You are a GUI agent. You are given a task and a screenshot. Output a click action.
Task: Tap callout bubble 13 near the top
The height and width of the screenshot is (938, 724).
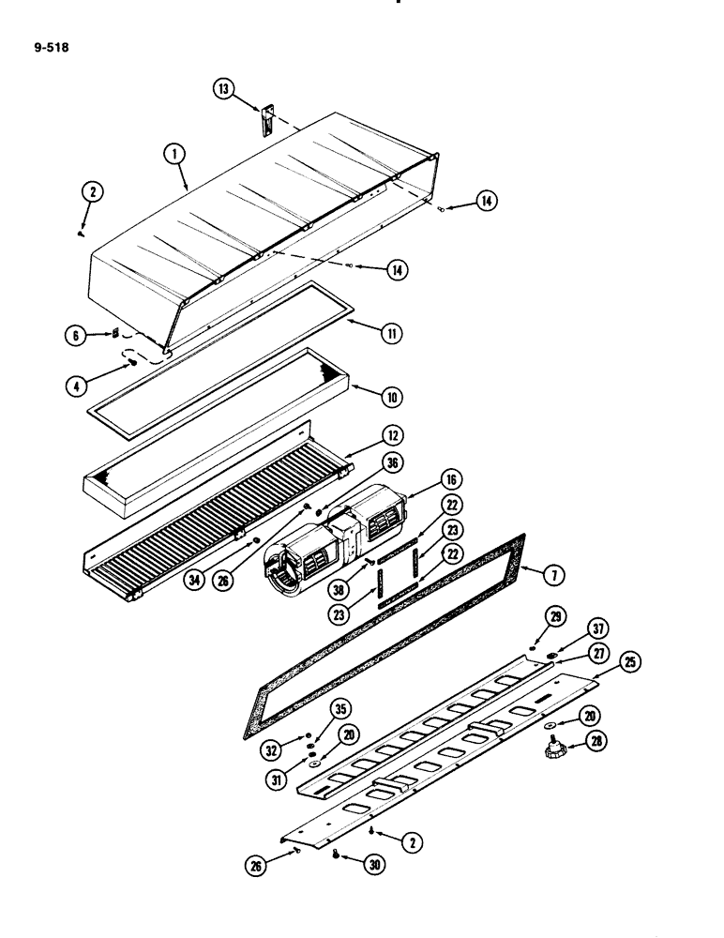click(x=223, y=89)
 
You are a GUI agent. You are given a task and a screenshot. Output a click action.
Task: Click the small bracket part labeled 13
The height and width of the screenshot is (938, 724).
click(x=265, y=121)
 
